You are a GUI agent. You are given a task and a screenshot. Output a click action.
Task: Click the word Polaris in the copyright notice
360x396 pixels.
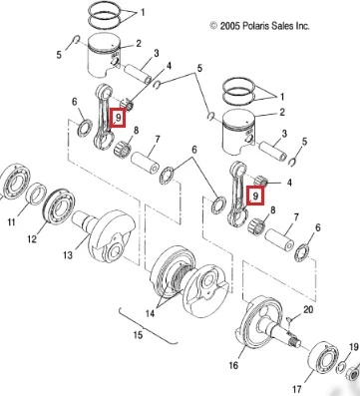click(256, 26)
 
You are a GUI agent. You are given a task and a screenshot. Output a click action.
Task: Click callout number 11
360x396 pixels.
click(12, 221)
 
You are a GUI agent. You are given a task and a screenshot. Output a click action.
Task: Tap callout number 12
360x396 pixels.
click(32, 238)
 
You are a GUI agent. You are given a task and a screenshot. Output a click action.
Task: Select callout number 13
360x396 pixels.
click(68, 255)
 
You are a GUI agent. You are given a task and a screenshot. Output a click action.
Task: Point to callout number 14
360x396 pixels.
click(150, 313)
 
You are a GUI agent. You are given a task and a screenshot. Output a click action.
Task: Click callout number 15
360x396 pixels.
click(138, 335)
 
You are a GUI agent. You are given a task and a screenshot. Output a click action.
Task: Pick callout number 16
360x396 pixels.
click(233, 365)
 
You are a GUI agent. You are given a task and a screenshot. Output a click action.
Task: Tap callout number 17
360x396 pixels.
click(297, 389)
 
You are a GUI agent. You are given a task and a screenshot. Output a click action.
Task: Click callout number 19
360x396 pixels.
click(354, 348)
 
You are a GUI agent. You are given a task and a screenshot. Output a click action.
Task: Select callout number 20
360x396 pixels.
click(308, 309)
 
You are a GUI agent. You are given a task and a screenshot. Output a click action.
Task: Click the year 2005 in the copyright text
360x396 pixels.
click(229, 26)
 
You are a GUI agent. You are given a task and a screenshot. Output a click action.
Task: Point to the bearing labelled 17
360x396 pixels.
click(322, 358)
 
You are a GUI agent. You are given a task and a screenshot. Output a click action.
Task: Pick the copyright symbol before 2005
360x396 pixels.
click(213, 26)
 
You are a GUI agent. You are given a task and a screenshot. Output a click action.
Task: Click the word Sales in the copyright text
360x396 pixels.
click(282, 26)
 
